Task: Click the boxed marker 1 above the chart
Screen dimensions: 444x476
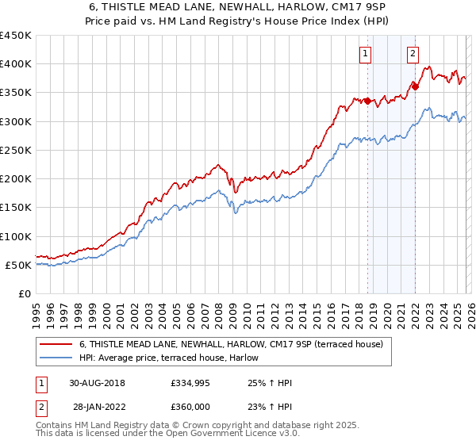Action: pos(365,54)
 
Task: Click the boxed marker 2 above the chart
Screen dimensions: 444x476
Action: pos(413,54)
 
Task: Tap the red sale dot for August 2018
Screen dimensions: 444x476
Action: pos(367,101)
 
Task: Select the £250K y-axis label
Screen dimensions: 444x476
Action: pos(16,150)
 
